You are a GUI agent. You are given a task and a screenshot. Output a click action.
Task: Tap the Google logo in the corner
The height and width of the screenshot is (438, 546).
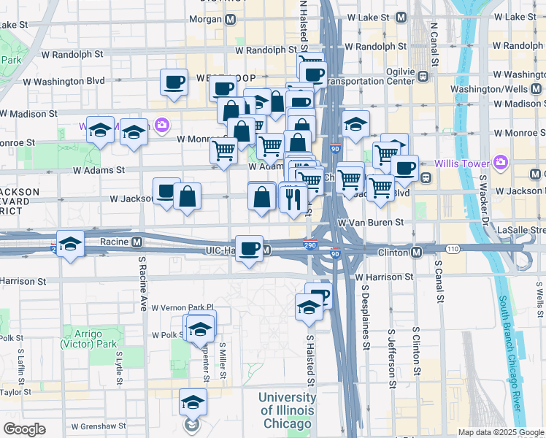tap(24, 429)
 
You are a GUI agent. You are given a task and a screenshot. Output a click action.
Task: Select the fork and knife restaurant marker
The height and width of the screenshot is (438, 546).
tap(293, 197)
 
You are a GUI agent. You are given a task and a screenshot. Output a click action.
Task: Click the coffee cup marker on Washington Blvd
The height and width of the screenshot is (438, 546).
tap(174, 82)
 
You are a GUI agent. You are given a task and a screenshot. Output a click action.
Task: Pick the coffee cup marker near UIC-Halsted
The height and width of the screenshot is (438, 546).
tap(250, 248)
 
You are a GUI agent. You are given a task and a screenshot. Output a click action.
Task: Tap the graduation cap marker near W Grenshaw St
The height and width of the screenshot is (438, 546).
tap(193, 402)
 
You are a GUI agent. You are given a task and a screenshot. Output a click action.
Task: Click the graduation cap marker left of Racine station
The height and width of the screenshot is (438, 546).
tap(70, 244)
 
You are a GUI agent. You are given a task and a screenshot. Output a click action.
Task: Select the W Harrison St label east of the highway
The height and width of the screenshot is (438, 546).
tap(384, 277)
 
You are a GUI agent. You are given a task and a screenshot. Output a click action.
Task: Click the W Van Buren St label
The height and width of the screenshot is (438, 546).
tap(370, 221)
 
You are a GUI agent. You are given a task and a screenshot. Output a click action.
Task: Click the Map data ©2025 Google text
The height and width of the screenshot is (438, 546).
tap(501, 432)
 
